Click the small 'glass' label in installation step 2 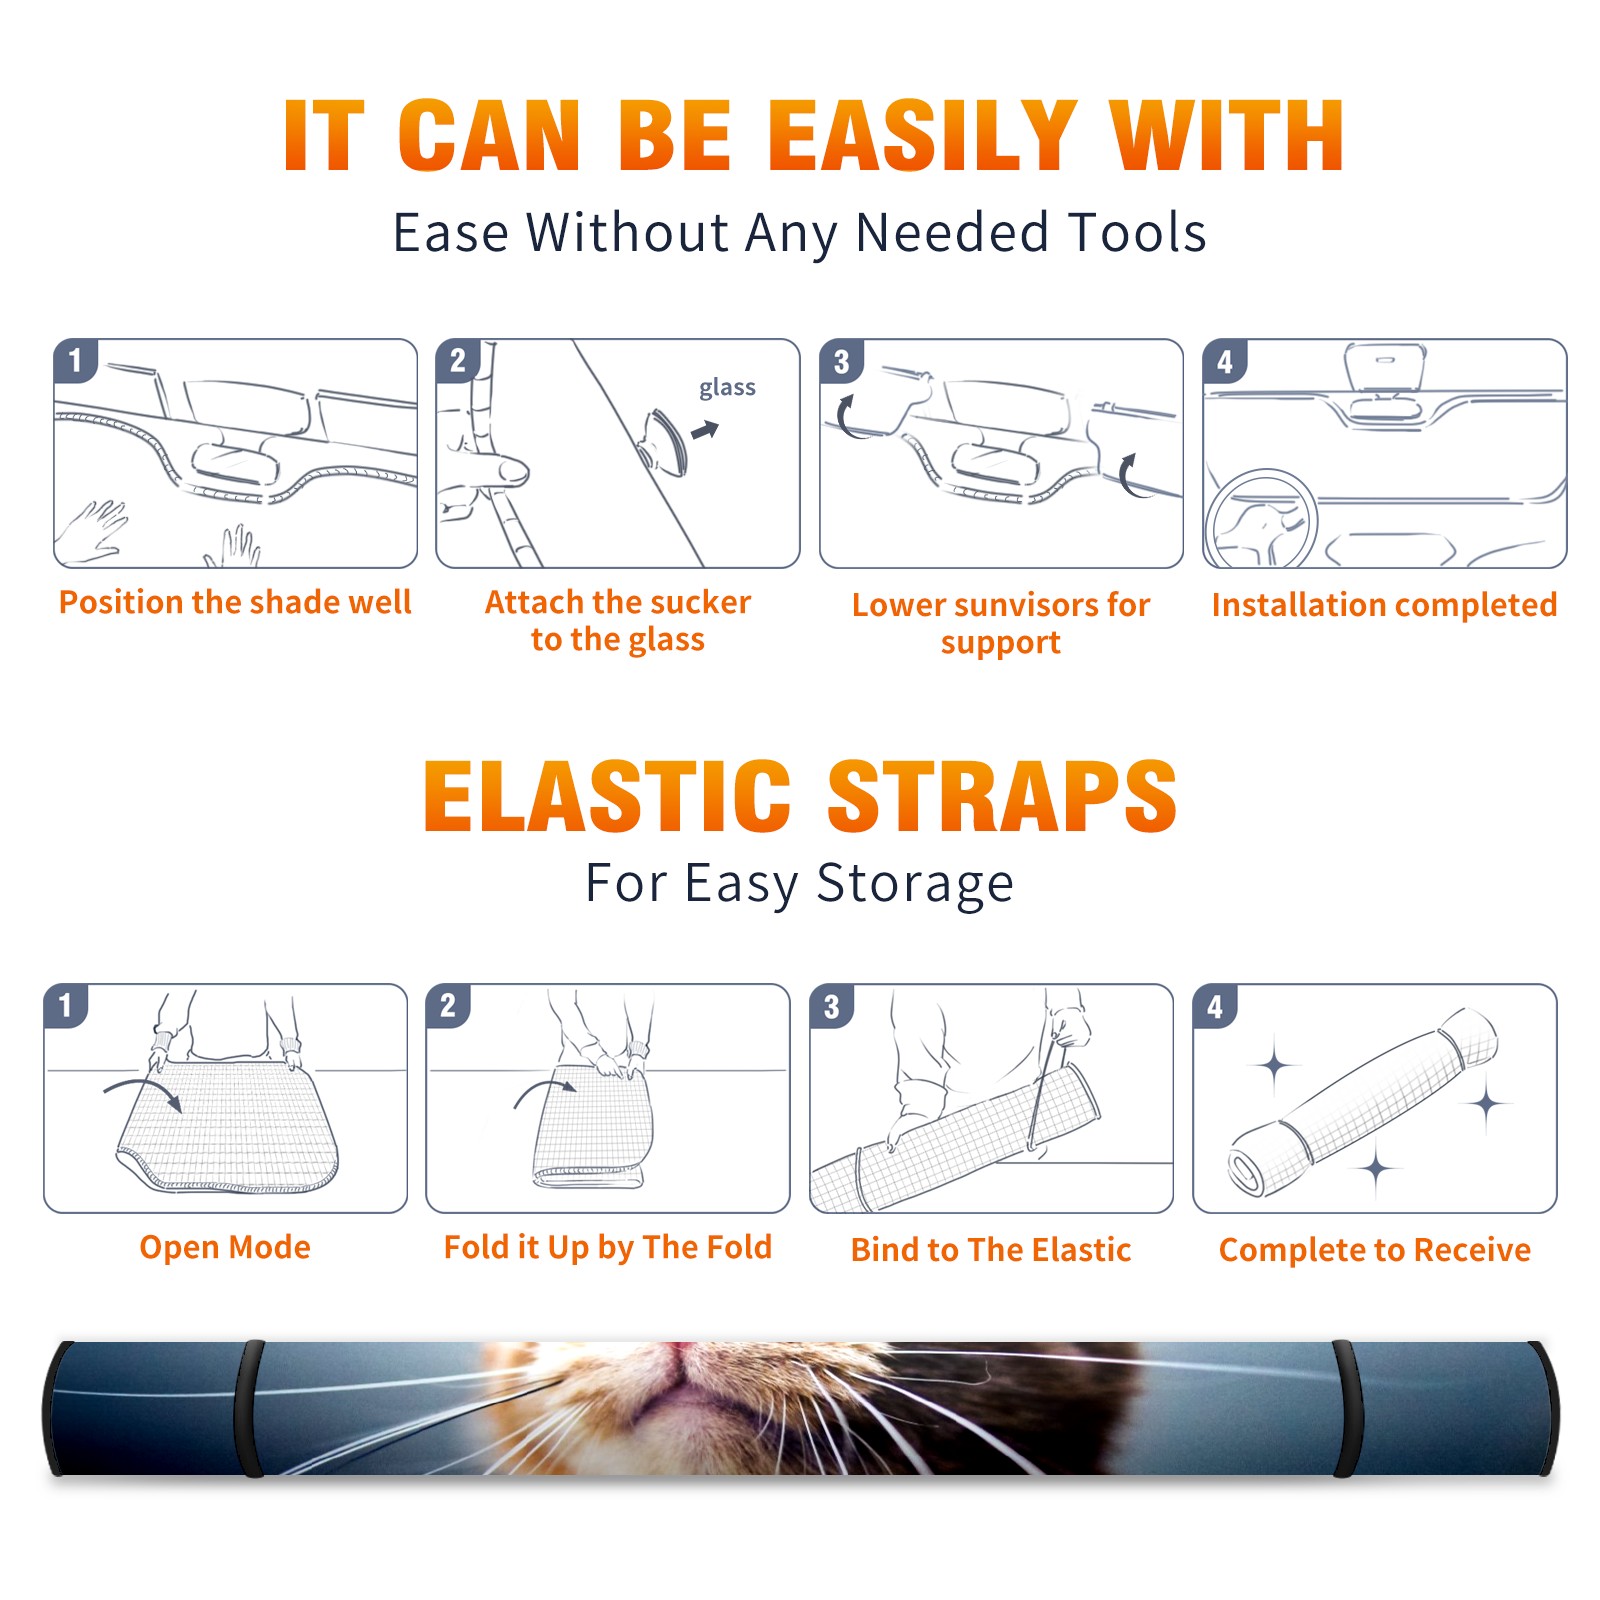pos(727,387)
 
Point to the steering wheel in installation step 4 pos(1260,519)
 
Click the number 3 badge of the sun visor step pos(841,362)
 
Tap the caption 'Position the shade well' pos(235,602)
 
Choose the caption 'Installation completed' pos(1384,605)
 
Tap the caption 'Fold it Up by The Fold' pos(608,1247)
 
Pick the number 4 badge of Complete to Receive pos(1215,1006)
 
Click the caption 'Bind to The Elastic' pos(991,1250)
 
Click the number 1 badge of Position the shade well pos(75,360)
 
